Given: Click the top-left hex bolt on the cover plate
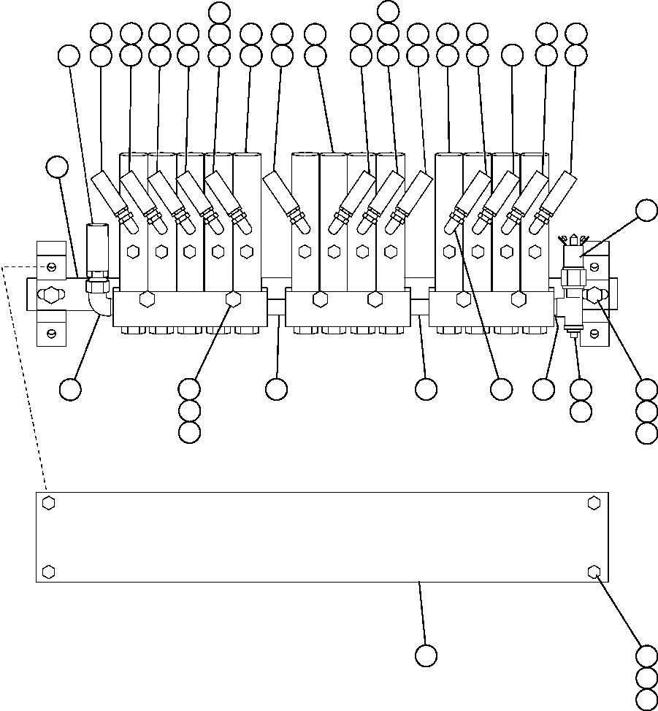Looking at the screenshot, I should point(48,503).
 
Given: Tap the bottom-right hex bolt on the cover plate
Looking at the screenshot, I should point(594,571).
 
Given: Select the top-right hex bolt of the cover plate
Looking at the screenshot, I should point(594,503).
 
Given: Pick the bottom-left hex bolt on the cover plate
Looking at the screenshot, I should point(48,571).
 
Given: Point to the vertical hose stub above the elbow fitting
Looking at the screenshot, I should point(96,248).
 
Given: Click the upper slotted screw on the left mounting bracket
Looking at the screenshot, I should point(50,264).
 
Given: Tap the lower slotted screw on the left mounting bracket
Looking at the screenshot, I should point(50,334).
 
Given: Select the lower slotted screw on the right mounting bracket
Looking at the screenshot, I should point(594,334).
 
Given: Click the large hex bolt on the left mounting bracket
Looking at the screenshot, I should point(50,296).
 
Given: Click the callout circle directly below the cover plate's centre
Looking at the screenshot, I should point(426,656).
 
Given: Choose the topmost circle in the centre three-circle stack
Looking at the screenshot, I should point(389,10).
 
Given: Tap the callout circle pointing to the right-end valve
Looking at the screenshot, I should point(646,210).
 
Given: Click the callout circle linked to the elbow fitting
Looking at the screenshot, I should point(71,389).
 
